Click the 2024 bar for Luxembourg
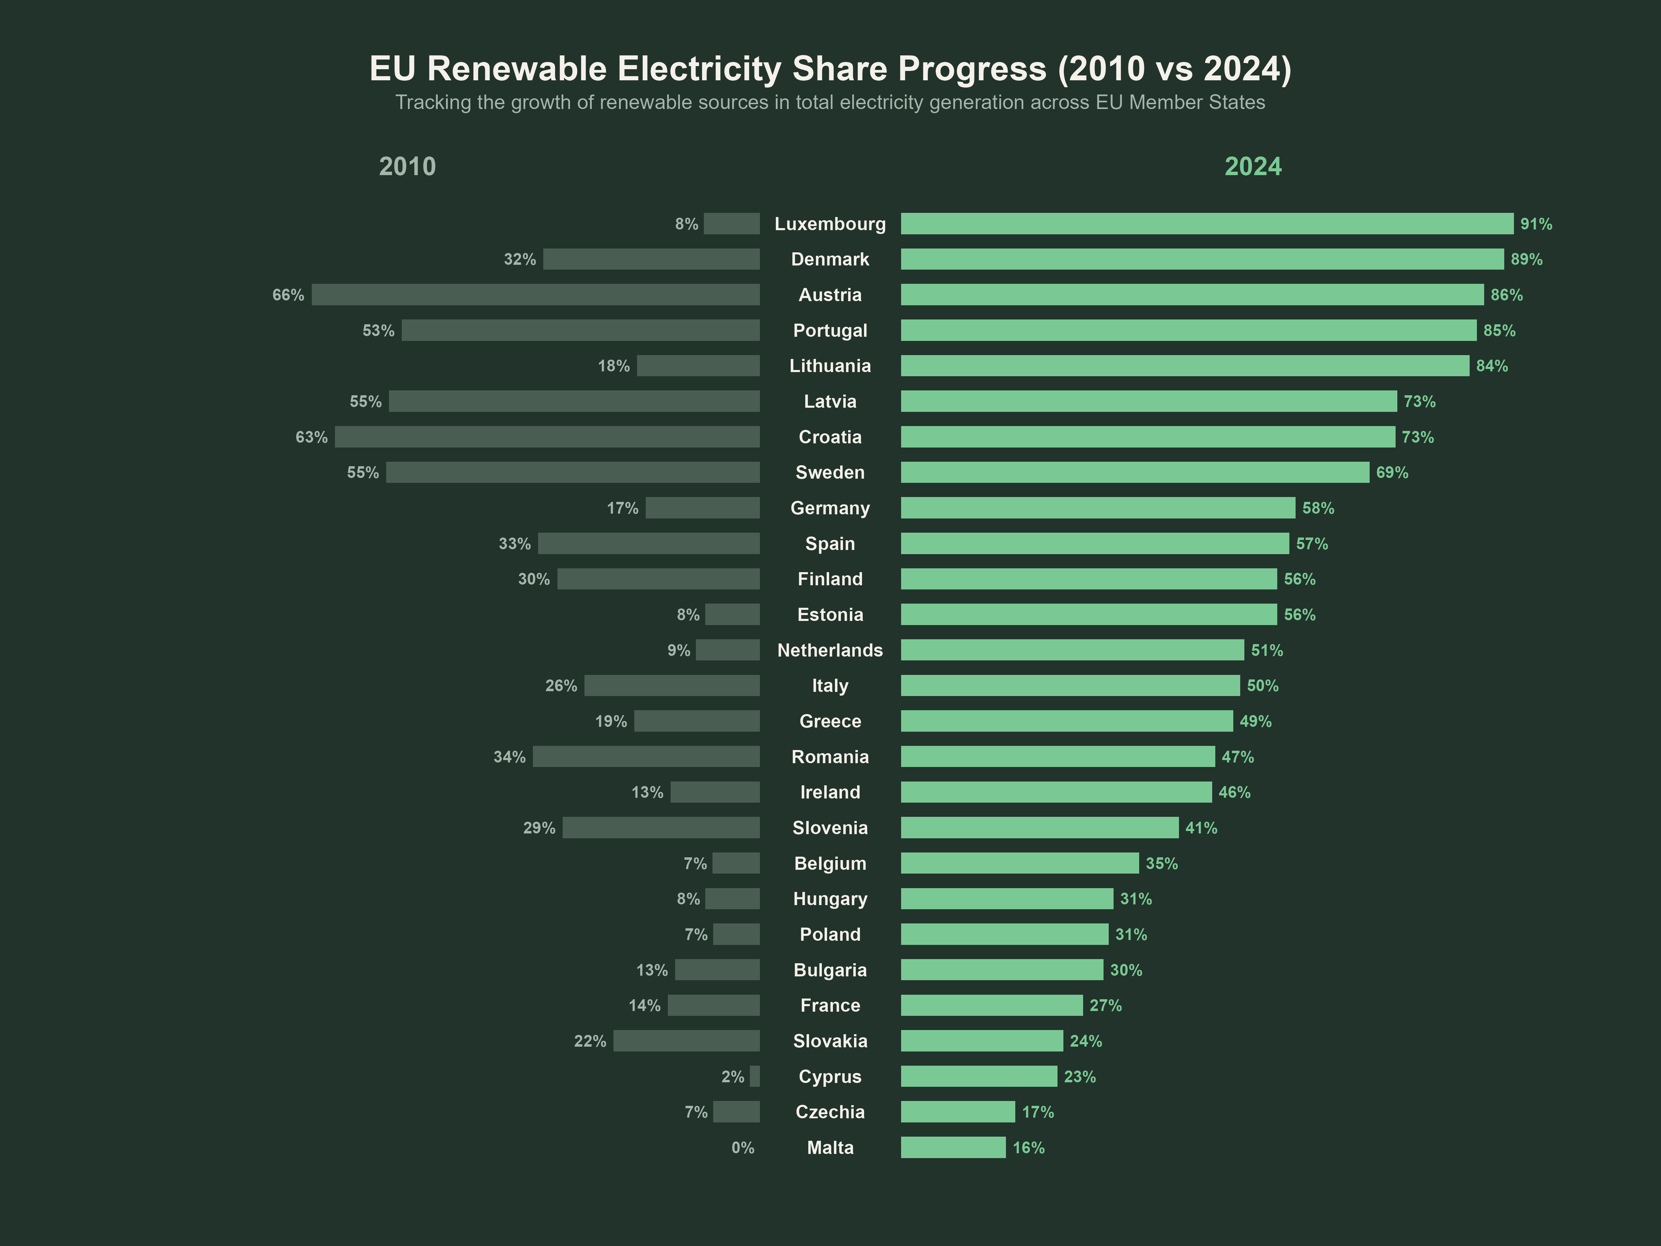click(x=1207, y=224)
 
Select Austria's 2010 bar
click(x=535, y=295)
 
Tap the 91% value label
click(x=1536, y=224)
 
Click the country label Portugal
click(x=830, y=331)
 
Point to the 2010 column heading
click(x=407, y=166)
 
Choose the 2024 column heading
click(x=1253, y=166)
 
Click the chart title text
click(x=830, y=68)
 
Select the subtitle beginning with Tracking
click(x=830, y=102)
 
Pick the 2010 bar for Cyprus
click(x=755, y=1076)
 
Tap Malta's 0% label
click(x=743, y=1148)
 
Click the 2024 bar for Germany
click(x=1098, y=508)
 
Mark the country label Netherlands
click(x=830, y=650)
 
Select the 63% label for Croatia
click(x=311, y=437)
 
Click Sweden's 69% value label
click(x=1391, y=472)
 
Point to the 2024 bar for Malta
click(x=953, y=1148)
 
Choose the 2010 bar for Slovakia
click(x=686, y=1041)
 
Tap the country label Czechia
click(x=830, y=1112)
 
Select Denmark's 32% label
click(x=520, y=259)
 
